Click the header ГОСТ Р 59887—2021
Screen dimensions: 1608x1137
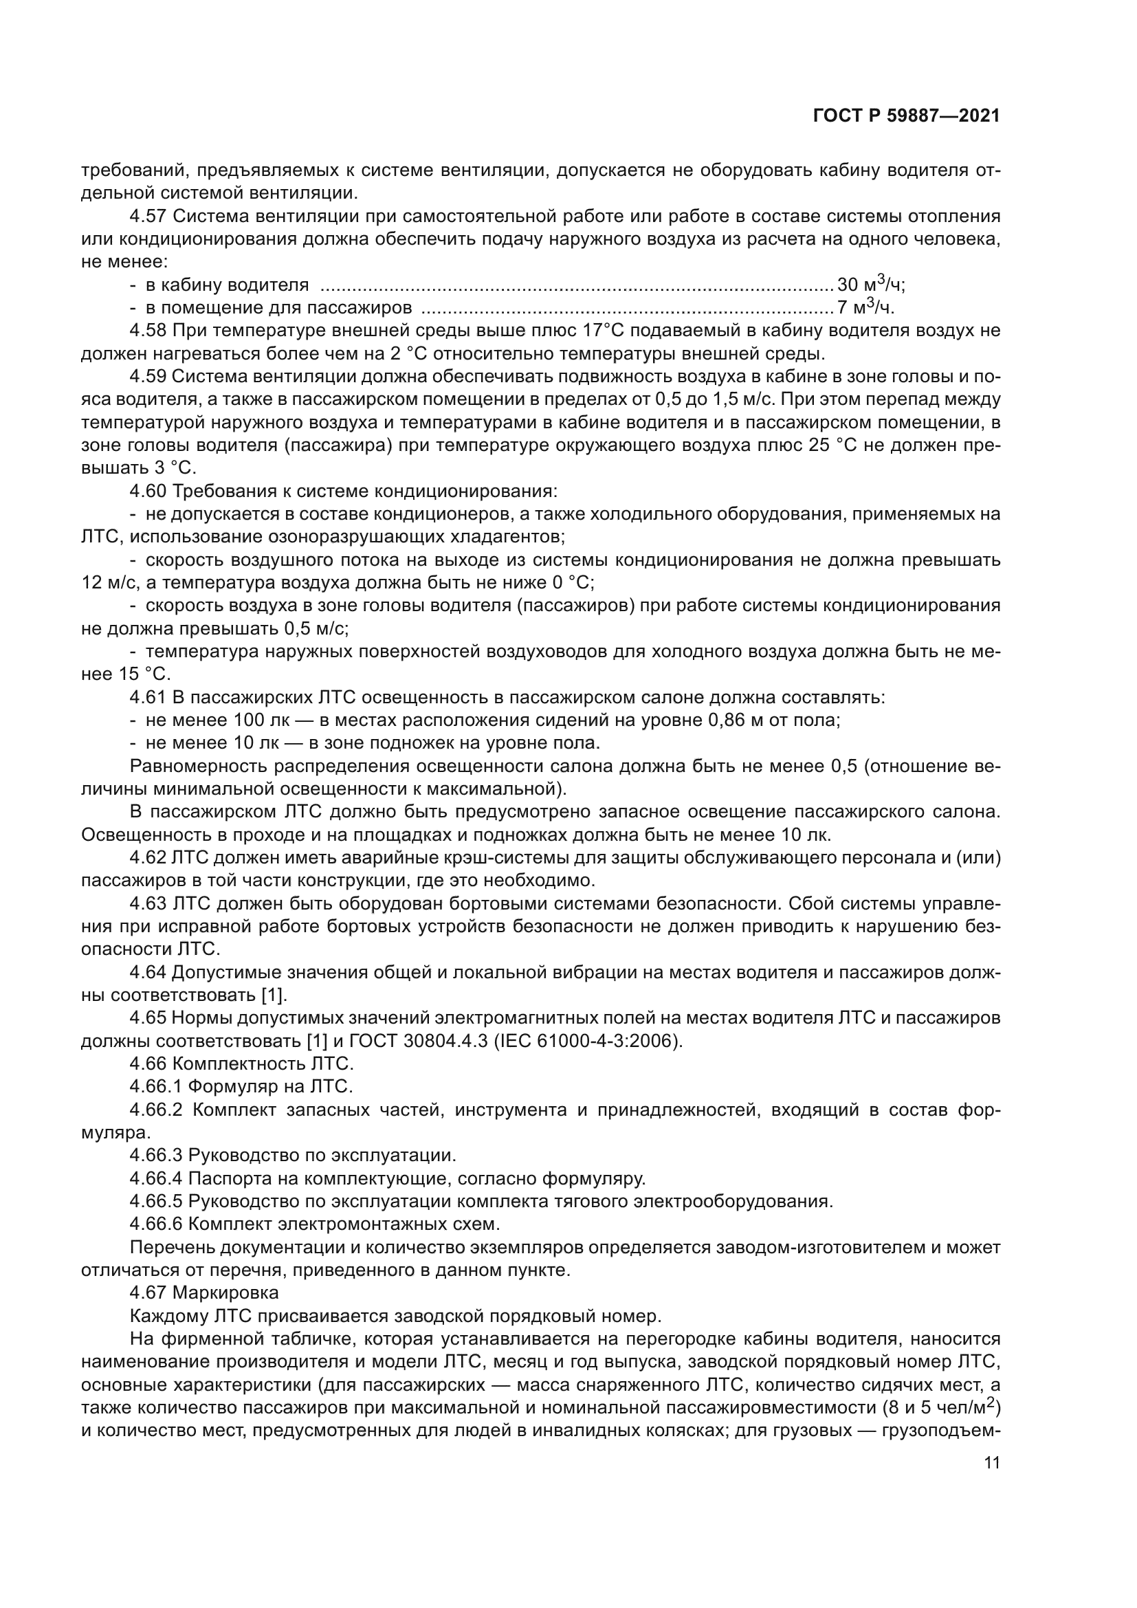pos(906,116)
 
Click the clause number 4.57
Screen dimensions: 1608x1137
pos(148,216)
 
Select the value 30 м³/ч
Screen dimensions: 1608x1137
pos(870,285)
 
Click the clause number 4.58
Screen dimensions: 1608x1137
pos(148,331)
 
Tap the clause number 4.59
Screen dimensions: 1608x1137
pos(148,377)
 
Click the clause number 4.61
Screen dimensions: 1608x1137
pos(148,698)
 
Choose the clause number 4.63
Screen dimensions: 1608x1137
pos(148,904)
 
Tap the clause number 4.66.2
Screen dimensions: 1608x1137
pos(156,1111)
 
